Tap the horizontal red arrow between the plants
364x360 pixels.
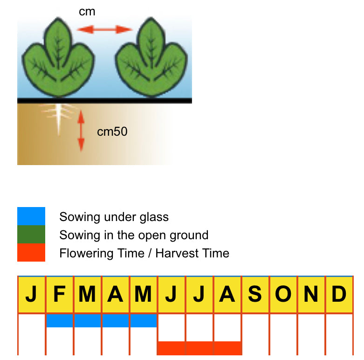pos(105,30)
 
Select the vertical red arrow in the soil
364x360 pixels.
pos(81,131)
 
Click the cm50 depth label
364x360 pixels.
pos(112,132)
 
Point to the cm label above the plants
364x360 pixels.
pos(87,12)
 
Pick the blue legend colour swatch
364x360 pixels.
pos(31,216)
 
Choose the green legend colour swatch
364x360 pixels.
pos(31,235)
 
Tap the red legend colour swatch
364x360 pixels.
pos(31,252)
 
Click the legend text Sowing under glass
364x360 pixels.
pos(114,217)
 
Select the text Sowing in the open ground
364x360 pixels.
pos(134,235)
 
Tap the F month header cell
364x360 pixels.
pos(59,294)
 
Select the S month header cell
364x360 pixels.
pos(255,294)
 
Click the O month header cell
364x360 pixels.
pos(283,294)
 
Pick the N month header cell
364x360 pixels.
pos(311,294)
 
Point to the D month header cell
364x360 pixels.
pos(339,294)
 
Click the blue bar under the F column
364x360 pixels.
pos(59,320)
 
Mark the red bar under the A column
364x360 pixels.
pos(227,348)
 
